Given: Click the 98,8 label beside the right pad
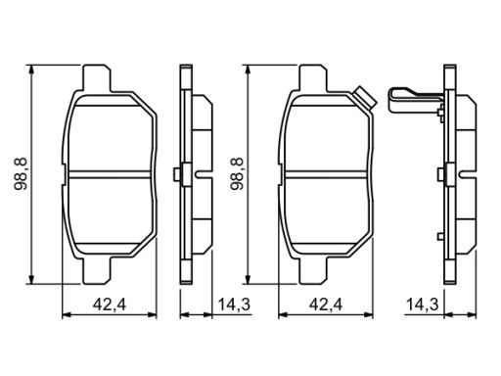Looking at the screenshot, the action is tap(238, 174).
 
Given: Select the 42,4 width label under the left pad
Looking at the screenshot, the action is tap(110, 305).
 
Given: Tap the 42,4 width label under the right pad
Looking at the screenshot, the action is tap(326, 305).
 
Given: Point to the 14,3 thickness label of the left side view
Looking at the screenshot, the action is tap(234, 305).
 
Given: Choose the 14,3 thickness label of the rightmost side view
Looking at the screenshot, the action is tap(422, 305).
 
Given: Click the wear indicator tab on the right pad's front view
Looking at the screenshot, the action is tap(365, 98).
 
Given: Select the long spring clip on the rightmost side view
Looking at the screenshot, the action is tap(415, 100).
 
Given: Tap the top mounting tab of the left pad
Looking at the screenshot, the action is tap(97, 78).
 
